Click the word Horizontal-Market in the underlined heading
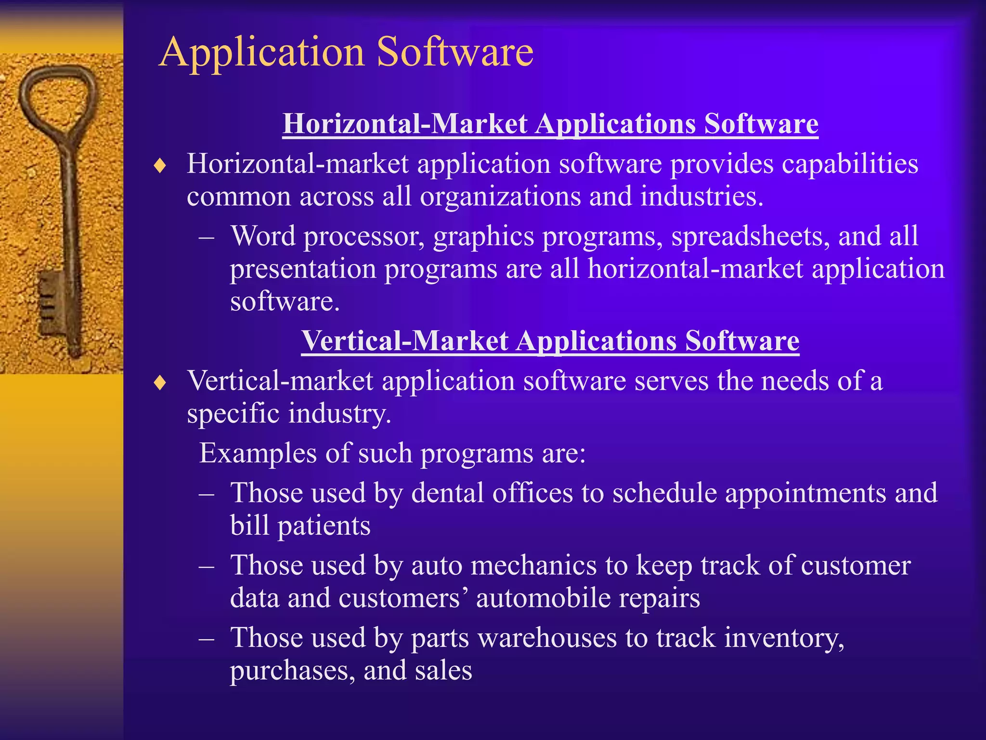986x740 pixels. pyautogui.click(x=404, y=124)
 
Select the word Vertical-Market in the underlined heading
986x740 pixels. pyautogui.click(x=404, y=341)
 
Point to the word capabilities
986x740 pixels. pyautogui.click(x=850, y=164)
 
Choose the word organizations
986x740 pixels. pyautogui.click(x=501, y=197)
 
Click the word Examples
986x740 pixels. pyautogui.click(x=259, y=454)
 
